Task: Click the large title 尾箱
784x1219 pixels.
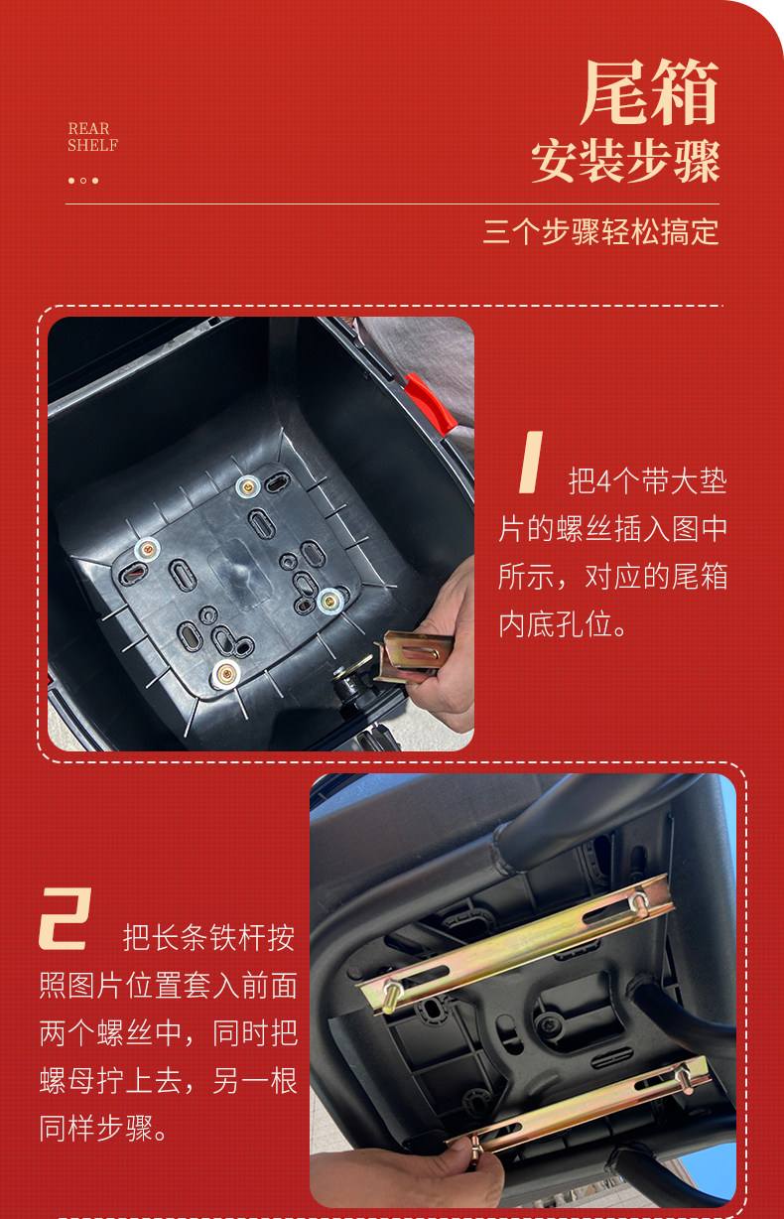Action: (650, 92)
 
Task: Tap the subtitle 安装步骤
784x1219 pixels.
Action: (625, 161)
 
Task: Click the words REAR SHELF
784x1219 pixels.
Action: (92, 137)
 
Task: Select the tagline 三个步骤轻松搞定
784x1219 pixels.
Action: (601, 231)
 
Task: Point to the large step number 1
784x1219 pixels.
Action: (531, 462)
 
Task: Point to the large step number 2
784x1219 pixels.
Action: (65, 918)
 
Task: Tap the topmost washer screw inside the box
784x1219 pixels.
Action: (248, 487)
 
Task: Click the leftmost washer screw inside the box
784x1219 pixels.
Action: (147, 551)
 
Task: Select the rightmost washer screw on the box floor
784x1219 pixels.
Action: (329, 601)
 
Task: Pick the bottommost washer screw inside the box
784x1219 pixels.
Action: (226, 675)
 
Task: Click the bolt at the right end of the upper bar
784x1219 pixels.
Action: (638, 902)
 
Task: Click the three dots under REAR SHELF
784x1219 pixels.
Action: (83, 181)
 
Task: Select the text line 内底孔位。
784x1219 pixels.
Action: (563, 624)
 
